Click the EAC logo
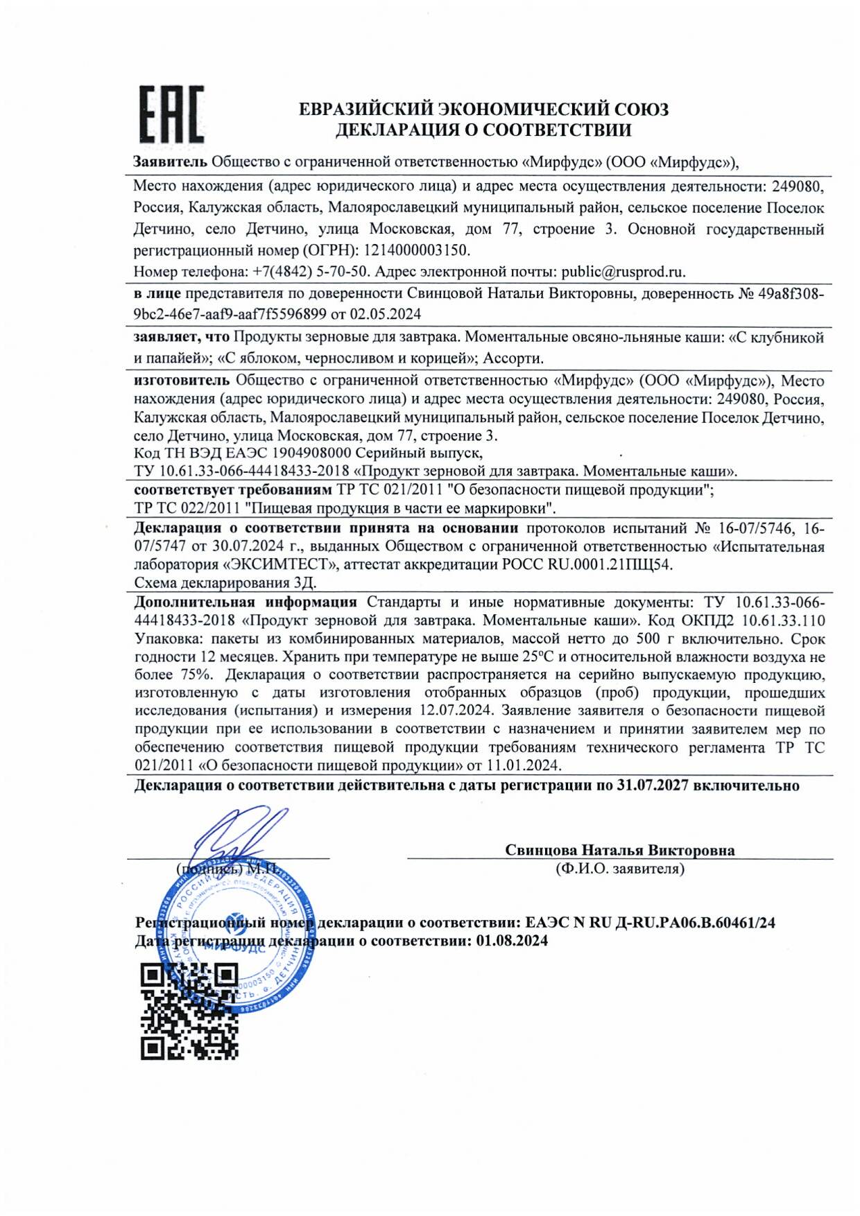(x=171, y=114)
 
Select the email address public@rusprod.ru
(x=623, y=272)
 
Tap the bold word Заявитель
(x=170, y=162)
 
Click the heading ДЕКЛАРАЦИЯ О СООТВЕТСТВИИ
(x=483, y=130)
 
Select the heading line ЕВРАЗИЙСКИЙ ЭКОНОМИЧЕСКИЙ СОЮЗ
(x=483, y=110)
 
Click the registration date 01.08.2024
(x=512, y=941)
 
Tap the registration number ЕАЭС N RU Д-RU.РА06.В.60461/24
(x=650, y=923)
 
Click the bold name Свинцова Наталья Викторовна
(x=619, y=850)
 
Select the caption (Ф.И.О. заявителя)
(x=619, y=869)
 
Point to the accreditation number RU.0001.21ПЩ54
(x=610, y=564)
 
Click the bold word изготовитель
(x=181, y=381)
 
